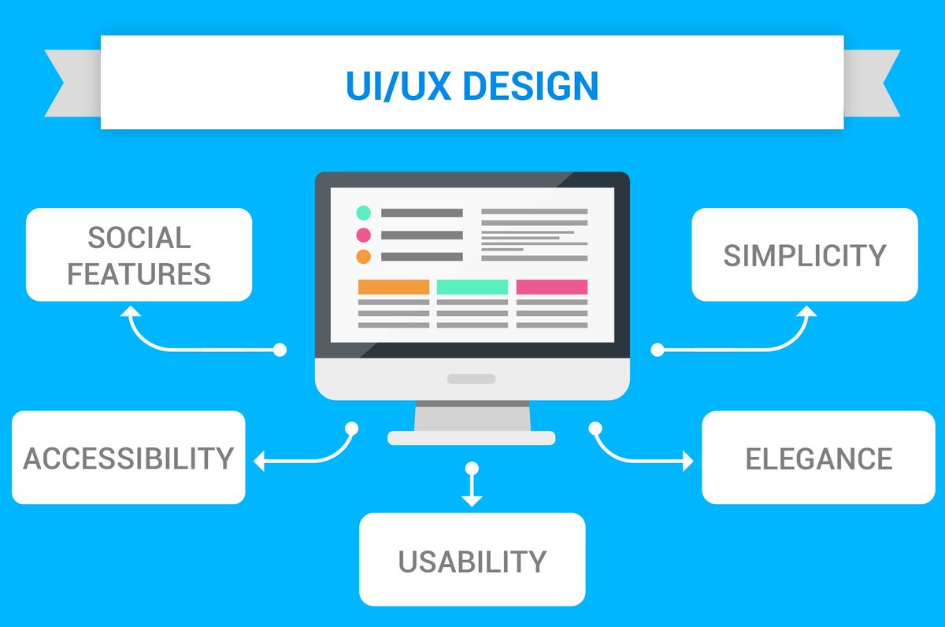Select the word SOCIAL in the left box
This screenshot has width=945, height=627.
(x=139, y=237)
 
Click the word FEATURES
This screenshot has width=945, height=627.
(x=139, y=274)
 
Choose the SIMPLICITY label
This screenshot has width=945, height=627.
(x=805, y=255)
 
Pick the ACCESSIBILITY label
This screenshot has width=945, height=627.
(x=128, y=458)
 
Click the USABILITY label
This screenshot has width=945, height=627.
(x=472, y=562)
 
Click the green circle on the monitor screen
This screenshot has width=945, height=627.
(x=363, y=213)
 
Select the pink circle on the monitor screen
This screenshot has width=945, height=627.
(x=363, y=235)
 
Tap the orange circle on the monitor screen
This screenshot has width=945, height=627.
(x=363, y=257)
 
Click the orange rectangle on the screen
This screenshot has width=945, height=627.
(x=394, y=288)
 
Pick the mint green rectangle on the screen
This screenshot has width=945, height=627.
(x=472, y=288)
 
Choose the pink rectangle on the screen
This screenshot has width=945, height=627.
(x=551, y=288)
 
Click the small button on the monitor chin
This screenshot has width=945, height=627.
(x=471, y=379)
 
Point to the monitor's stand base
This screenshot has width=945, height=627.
(x=471, y=438)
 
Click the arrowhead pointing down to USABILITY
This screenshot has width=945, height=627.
(x=471, y=499)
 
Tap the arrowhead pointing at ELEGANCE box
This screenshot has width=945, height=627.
(x=687, y=461)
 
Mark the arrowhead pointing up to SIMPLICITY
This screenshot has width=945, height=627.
(x=806, y=311)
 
